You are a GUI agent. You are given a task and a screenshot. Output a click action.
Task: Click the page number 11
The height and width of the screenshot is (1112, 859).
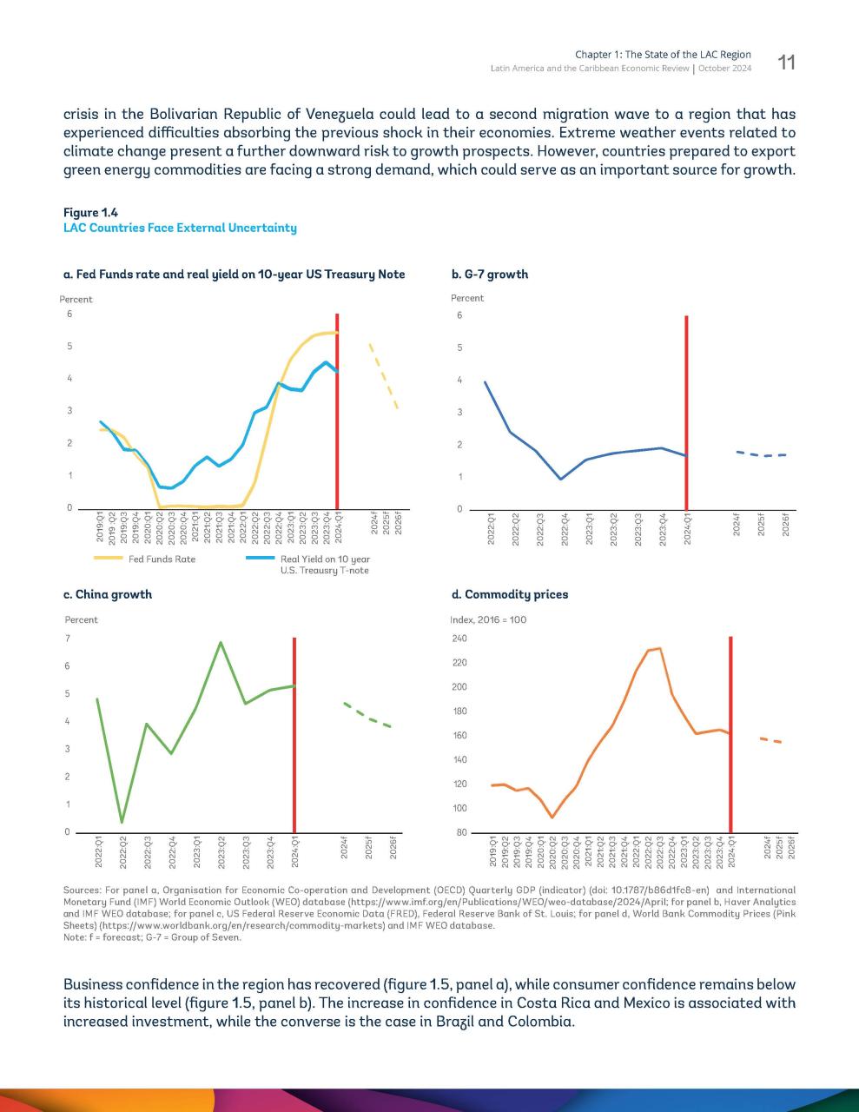786,63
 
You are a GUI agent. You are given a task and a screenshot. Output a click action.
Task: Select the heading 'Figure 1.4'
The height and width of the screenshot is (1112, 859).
90,212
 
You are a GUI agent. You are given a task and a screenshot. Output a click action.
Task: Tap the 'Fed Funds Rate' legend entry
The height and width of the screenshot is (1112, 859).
162,559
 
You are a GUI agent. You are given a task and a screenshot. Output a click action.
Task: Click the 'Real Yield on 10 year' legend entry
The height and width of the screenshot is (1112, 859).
325,559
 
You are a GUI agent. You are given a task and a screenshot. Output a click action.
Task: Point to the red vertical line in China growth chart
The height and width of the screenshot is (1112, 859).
294,735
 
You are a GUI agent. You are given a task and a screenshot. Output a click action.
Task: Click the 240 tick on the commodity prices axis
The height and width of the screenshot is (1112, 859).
459,639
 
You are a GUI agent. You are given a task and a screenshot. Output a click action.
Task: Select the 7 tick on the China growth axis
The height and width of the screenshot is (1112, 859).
67,639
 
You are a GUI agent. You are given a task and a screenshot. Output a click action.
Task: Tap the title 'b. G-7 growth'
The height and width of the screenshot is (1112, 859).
490,275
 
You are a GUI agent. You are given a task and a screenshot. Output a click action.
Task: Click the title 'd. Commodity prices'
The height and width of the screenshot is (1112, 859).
510,594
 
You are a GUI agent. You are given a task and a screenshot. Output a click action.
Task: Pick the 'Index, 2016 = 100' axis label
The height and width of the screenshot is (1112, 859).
488,619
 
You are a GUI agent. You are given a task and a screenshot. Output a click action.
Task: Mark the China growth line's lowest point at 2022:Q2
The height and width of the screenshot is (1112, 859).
122,822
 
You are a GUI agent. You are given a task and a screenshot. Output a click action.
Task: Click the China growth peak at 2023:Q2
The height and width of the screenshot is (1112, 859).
221,643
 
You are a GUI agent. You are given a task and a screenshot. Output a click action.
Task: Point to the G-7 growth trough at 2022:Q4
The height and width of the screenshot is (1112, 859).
561,479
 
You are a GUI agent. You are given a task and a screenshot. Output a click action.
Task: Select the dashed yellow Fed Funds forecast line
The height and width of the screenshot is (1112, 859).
384,376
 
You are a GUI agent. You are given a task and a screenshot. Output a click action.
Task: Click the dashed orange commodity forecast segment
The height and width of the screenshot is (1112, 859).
770,740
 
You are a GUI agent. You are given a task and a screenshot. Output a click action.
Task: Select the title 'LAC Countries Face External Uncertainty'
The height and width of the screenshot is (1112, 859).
180,228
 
